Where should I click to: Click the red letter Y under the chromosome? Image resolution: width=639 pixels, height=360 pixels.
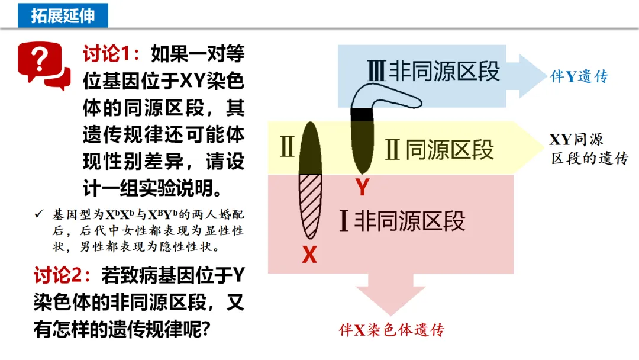coord(362,188)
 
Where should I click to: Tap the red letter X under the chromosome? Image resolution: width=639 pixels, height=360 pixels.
coord(309,255)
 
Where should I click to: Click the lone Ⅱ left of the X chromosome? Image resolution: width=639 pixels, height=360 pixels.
coord(286,148)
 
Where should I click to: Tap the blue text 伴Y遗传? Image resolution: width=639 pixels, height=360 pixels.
coord(579,76)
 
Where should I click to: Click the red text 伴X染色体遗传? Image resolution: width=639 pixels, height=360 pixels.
coord(391,330)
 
